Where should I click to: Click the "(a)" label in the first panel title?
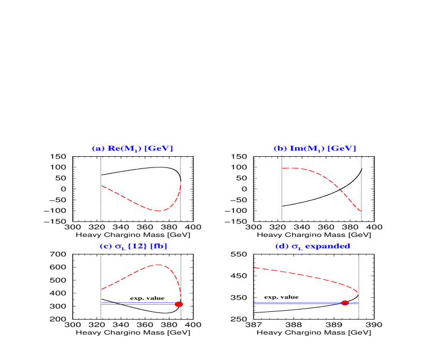tap(98, 149)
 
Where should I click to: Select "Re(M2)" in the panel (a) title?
tap(123, 149)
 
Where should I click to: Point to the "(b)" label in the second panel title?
tap(280, 149)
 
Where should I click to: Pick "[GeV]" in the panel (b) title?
tap(341, 149)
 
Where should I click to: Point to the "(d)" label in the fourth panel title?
tap(281, 246)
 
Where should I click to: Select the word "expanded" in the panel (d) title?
tap(327, 246)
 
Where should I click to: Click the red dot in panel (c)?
tap(179, 304)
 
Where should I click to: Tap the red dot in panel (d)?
tap(345, 303)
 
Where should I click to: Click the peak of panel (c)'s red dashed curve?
tap(159, 265)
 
